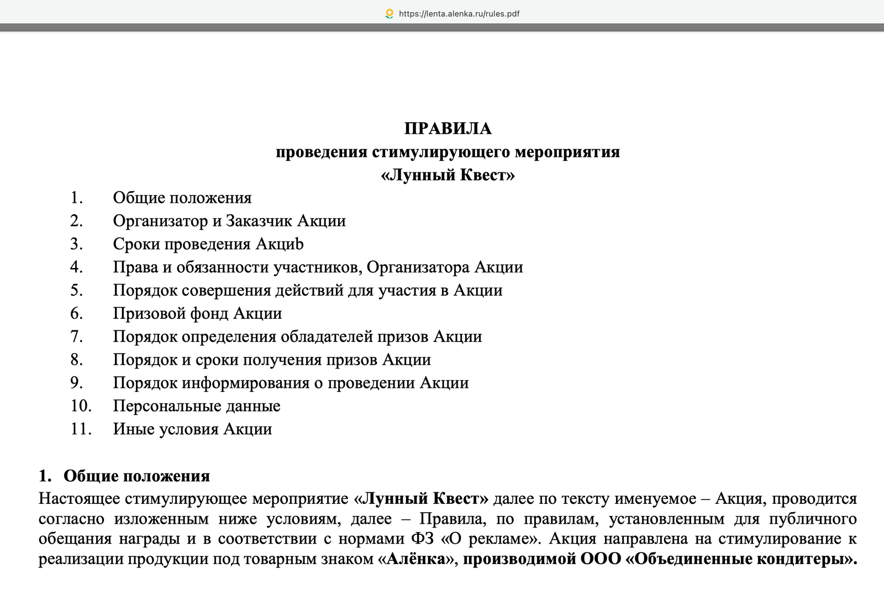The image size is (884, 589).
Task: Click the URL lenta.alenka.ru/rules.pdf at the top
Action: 459,14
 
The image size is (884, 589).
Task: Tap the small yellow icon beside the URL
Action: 390,14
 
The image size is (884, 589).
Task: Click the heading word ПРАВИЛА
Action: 448,129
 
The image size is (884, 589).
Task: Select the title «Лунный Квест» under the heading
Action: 448,175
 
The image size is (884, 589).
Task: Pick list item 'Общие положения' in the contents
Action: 182,198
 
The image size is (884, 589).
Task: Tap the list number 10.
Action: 81,406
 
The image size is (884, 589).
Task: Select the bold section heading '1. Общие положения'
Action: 124,476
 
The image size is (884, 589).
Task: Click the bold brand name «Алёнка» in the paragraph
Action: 415,559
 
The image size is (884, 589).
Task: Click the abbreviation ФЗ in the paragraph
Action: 423,539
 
